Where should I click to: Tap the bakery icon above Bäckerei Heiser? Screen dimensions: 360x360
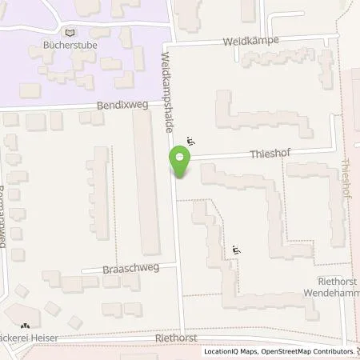[26, 326]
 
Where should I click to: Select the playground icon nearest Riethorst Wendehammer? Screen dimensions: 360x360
[235, 250]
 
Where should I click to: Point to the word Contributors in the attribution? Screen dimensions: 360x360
[332, 351]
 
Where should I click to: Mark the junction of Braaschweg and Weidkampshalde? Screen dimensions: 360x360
[178, 267]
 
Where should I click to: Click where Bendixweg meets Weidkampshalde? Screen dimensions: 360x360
[170, 102]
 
